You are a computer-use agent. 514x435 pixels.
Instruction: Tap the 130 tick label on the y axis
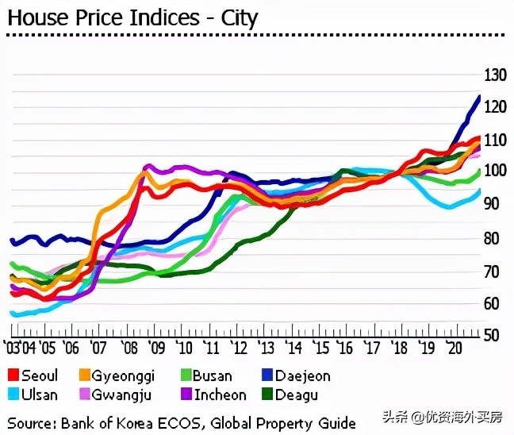click(494, 75)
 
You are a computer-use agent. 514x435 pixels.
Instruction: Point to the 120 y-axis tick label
click(494, 108)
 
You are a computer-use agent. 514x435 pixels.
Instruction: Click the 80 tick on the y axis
click(494, 238)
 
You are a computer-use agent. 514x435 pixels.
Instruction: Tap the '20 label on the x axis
click(455, 348)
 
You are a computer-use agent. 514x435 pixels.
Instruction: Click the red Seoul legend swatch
click(13, 375)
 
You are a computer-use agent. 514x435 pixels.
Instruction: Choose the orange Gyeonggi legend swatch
click(85, 375)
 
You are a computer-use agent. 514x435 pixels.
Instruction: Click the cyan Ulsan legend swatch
click(13, 394)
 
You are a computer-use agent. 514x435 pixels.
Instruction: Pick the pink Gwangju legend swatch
click(85, 394)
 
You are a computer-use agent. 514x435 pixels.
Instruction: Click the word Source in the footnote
click(32, 422)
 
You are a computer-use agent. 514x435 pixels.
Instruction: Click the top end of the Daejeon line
click(479, 96)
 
